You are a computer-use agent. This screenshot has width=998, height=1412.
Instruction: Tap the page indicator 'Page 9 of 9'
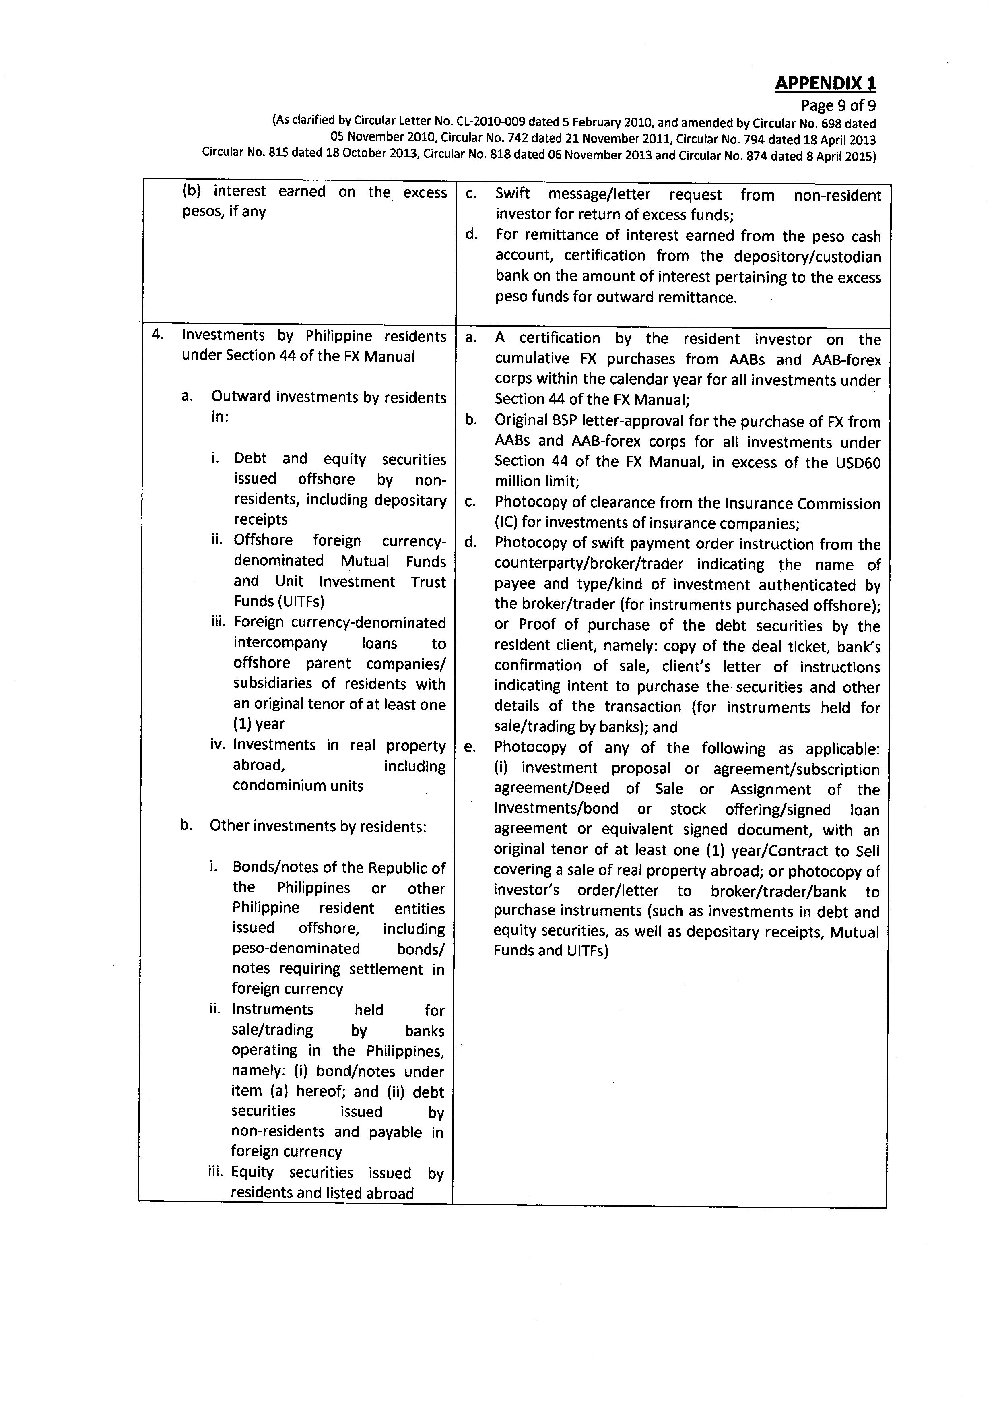pyautogui.click(x=838, y=106)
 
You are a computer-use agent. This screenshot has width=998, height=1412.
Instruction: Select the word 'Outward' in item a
pyautogui.click(x=241, y=398)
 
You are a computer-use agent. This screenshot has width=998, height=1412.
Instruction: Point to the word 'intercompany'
pyautogui.click(x=280, y=643)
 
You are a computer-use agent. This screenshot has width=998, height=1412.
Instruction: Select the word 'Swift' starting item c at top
pyautogui.click(x=513, y=194)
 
